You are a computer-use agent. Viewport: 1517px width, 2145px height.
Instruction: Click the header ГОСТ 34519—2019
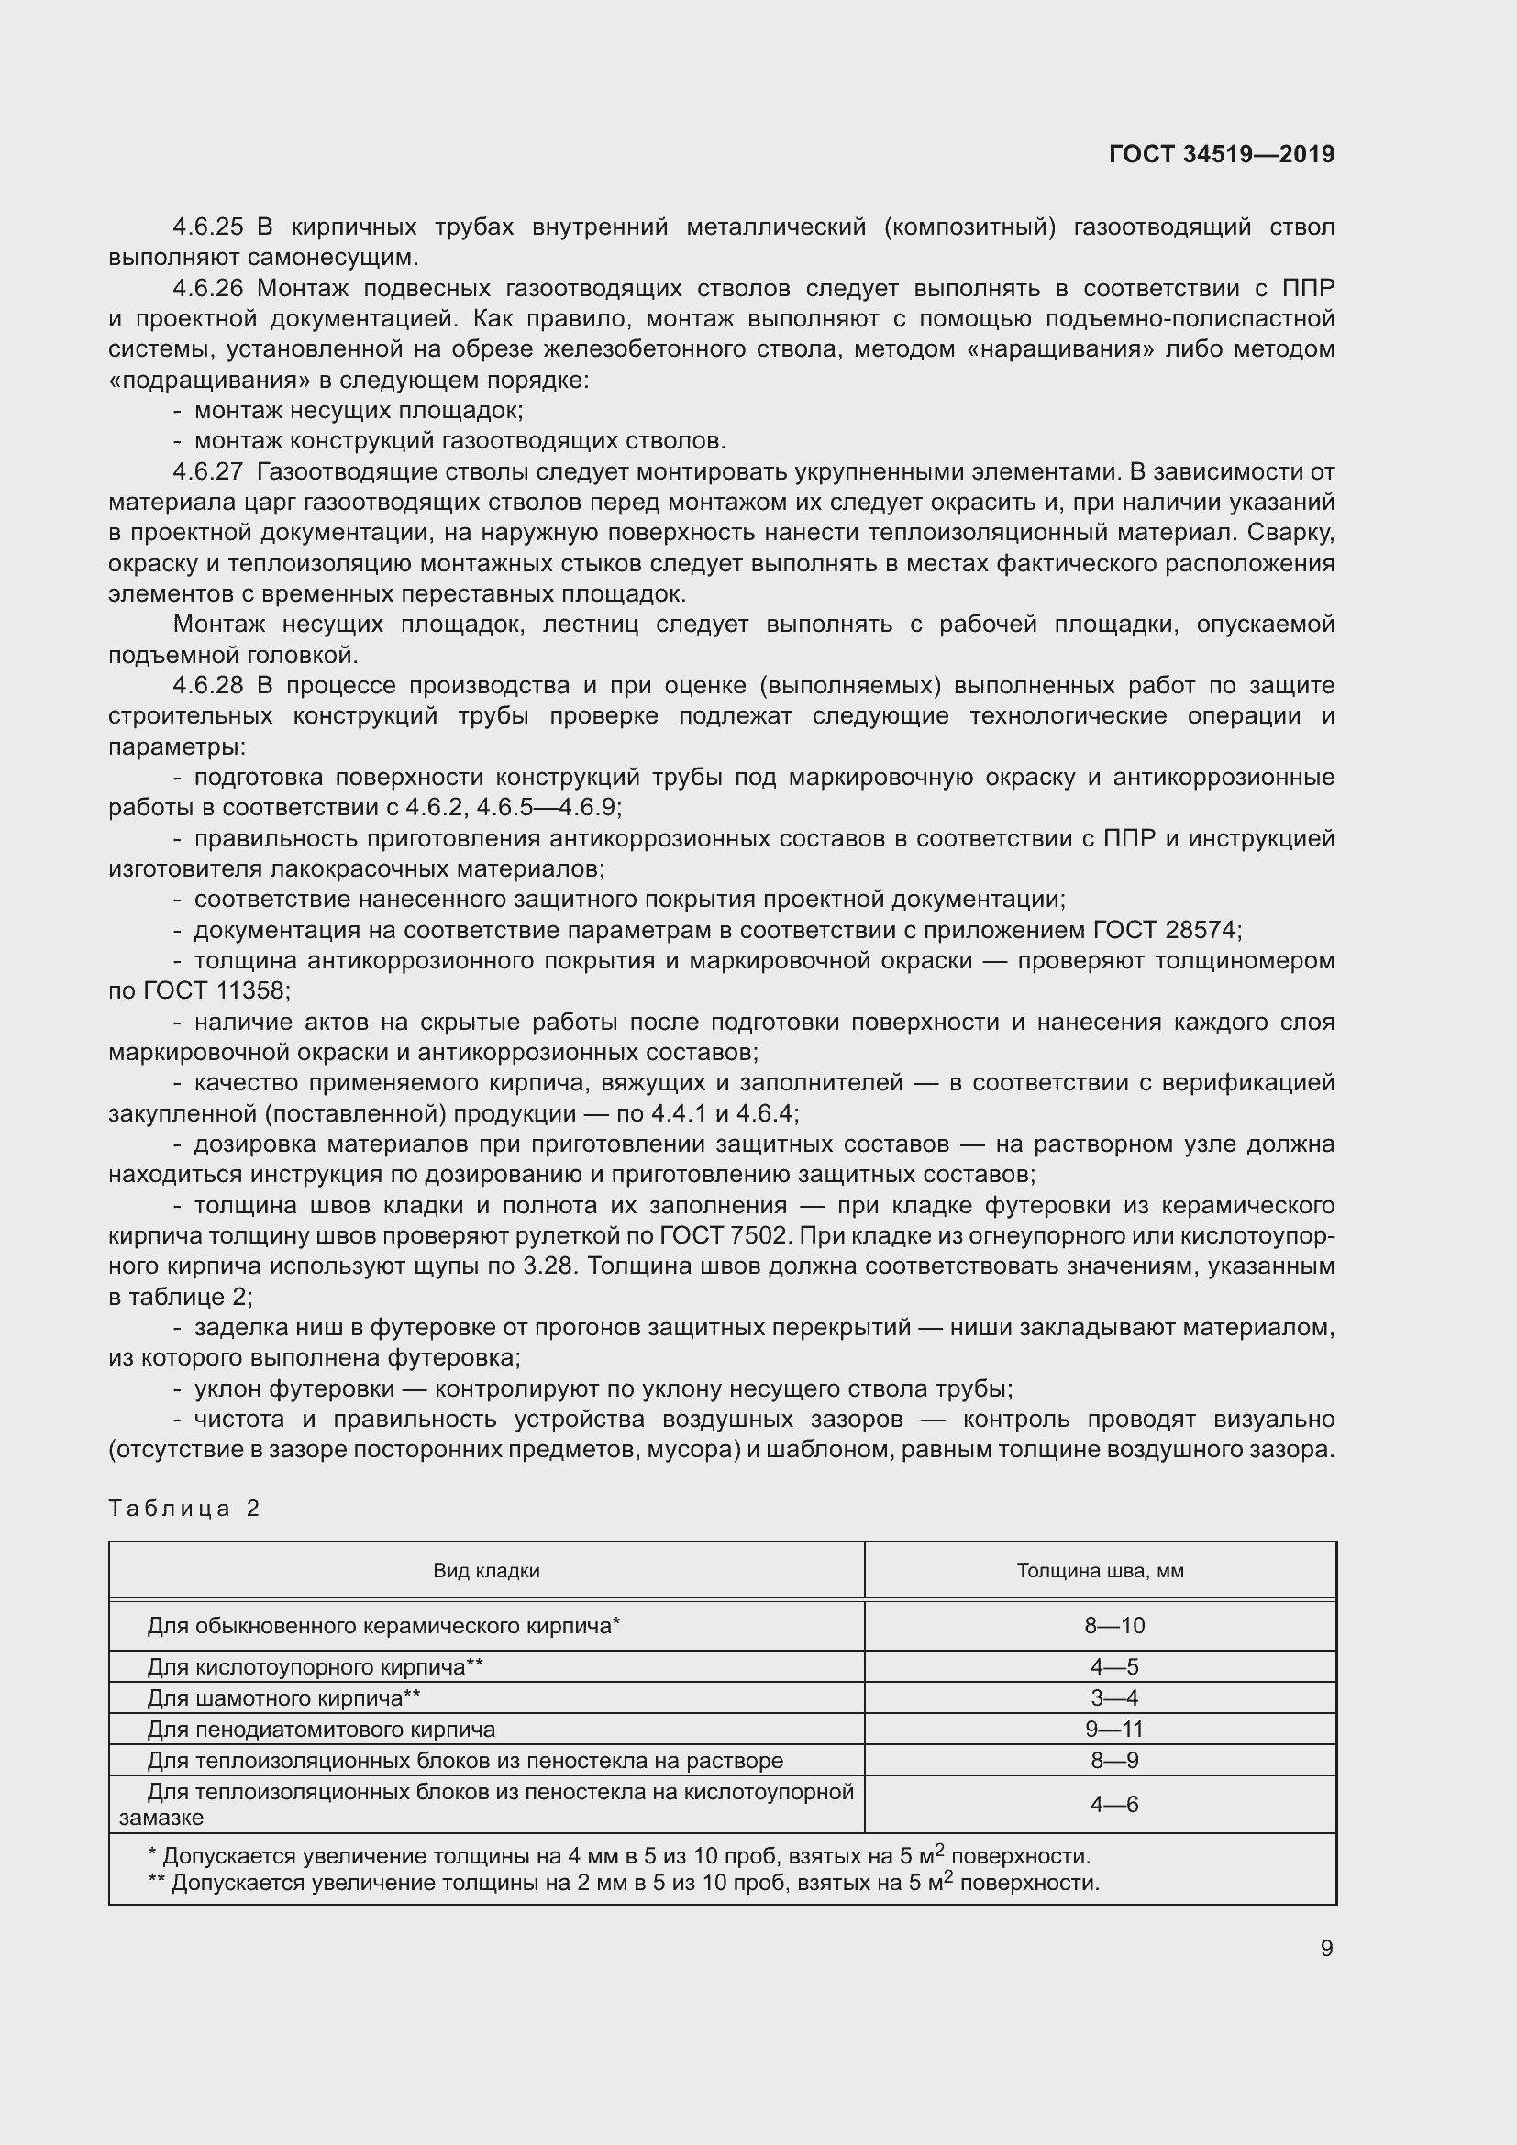pos(1221,154)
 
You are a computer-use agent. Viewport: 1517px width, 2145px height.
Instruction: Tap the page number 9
pos(1326,1948)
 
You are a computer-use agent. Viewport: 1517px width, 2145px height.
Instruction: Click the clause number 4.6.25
pos(207,227)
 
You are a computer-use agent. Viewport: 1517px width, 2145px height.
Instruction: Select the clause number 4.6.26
pos(207,289)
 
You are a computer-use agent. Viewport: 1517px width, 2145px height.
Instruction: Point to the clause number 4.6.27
pos(207,471)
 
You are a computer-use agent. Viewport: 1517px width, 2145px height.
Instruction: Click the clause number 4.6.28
pos(207,686)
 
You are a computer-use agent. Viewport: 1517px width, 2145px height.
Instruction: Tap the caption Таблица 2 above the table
pos(184,1509)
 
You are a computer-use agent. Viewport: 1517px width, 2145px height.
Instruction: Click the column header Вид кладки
pos(486,1570)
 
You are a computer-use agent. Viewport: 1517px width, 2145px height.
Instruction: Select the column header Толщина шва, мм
pos(1100,1570)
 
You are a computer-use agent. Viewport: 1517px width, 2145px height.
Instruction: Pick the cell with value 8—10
pos(1113,1626)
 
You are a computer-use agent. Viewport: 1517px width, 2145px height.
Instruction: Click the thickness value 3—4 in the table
pos(1113,1698)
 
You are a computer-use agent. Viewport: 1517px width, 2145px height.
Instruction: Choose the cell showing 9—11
pos(1113,1730)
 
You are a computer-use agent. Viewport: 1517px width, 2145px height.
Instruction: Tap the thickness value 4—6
pos(1113,1804)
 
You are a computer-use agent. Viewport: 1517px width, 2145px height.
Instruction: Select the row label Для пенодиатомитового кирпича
pos(320,1730)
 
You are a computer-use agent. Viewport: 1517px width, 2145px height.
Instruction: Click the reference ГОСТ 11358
pos(216,991)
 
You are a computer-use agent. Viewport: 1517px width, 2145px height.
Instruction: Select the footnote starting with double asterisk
pos(623,1883)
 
